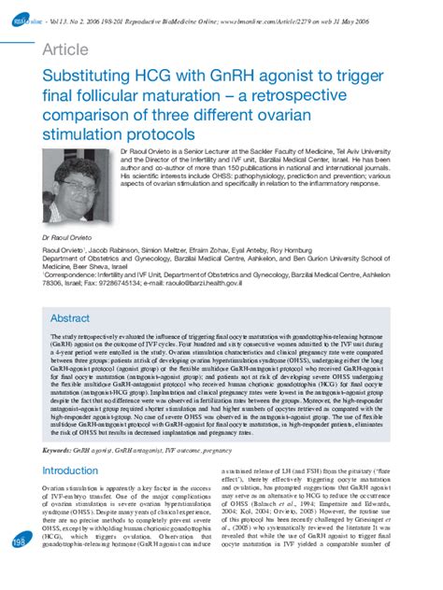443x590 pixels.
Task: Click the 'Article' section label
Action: [x=58, y=51]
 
